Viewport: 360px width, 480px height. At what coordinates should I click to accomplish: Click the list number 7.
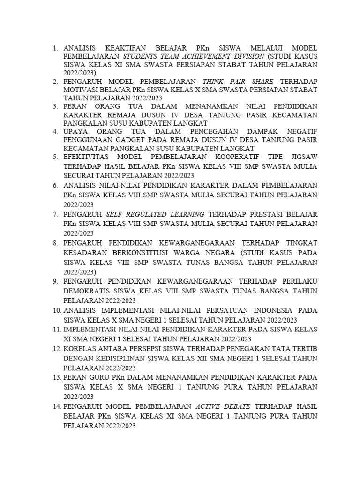point(55,214)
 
